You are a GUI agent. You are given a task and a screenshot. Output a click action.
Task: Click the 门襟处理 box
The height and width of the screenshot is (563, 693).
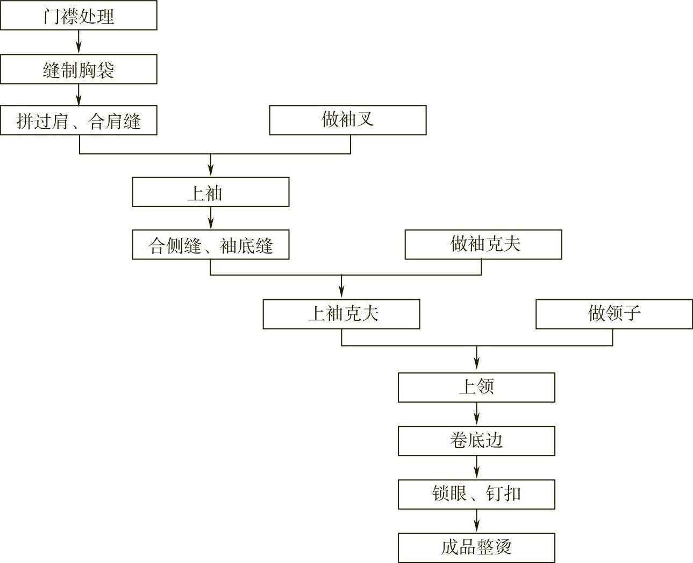coord(78,16)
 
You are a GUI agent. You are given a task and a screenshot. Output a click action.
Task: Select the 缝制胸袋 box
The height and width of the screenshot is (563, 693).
coord(78,69)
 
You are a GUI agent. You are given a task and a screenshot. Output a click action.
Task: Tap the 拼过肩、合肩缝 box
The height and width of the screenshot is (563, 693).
coord(78,120)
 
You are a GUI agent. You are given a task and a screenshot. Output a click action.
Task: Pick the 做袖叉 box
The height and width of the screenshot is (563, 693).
coord(347,120)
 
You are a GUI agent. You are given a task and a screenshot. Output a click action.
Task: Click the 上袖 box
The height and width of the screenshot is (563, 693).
coord(210,192)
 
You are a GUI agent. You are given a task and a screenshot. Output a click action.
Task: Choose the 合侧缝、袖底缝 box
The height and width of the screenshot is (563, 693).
coord(210,245)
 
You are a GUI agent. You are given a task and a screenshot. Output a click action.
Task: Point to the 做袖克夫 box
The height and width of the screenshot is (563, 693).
coord(483,245)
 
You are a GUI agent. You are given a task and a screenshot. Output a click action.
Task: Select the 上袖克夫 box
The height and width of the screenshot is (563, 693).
coord(341,314)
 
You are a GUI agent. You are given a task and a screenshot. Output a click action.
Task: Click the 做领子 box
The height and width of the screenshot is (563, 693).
coord(614,314)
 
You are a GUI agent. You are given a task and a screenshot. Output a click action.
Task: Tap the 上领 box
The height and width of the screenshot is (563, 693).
coord(476,388)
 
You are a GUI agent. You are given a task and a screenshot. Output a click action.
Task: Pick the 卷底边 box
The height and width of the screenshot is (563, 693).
coord(476,441)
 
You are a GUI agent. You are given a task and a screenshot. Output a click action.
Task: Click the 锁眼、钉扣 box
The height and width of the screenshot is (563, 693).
coord(476,494)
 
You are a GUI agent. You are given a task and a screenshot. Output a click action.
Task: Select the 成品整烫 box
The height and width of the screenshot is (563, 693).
coord(476,548)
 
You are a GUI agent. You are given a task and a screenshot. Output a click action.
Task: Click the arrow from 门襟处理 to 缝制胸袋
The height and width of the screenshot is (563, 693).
coord(79,42)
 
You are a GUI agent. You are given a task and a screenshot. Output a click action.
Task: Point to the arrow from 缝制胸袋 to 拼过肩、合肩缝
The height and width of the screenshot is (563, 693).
coord(79,95)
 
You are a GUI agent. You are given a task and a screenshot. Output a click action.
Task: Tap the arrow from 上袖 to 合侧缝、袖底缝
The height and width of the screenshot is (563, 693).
coord(210,219)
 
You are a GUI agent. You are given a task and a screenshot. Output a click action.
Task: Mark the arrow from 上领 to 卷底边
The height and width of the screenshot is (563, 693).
coord(476,414)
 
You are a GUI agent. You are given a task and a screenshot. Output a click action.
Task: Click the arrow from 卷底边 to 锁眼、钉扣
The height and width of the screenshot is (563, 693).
coord(476,468)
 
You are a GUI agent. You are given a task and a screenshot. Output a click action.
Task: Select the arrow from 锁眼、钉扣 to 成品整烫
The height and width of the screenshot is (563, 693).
coord(476,521)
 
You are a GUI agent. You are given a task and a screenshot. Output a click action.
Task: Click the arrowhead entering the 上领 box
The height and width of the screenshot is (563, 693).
coord(476,367)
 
